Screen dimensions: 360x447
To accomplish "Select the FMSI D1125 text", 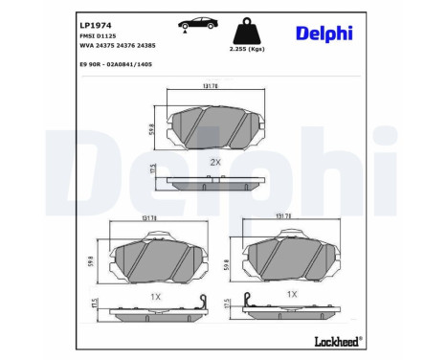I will tap(93, 35).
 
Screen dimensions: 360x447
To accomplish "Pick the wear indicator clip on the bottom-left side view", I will tap(201, 304).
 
